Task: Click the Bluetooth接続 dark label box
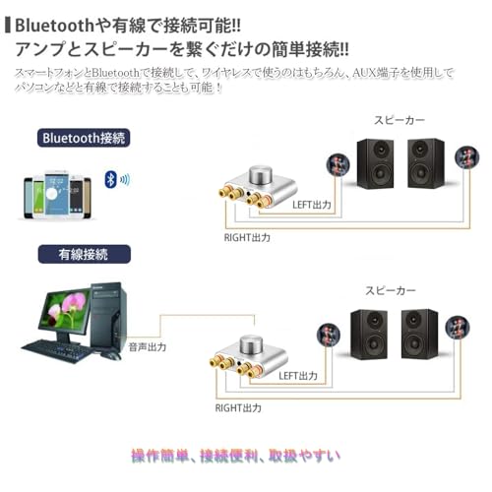(85, 138)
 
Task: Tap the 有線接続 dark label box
(85, 253)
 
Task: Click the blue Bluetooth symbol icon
(111, 179)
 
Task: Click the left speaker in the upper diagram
(374, 162)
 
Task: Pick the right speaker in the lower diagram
(418, 334)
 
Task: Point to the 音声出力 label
(148, 347)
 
